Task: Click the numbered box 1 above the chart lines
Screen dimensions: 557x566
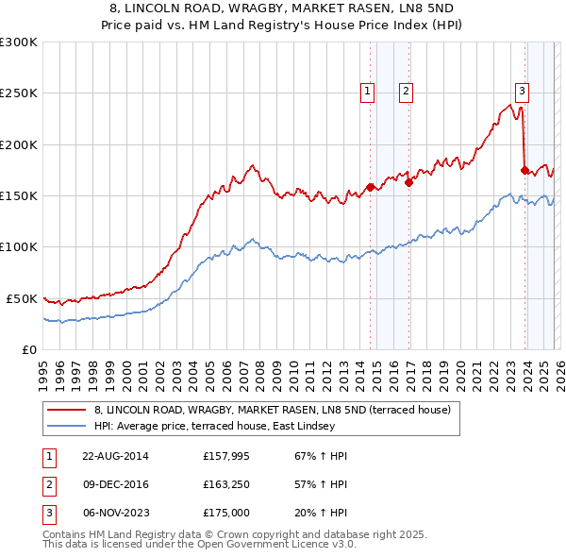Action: [366, 92]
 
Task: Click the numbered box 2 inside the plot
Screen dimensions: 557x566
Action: [405, 92]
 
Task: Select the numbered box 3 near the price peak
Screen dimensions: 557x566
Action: [522, 92]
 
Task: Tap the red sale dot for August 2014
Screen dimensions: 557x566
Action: [371, 187]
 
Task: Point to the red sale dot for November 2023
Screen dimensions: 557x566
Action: [524, 170]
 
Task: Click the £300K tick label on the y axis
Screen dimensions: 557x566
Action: [19, 42]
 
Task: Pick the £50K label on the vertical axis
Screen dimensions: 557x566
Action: [23, 298]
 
